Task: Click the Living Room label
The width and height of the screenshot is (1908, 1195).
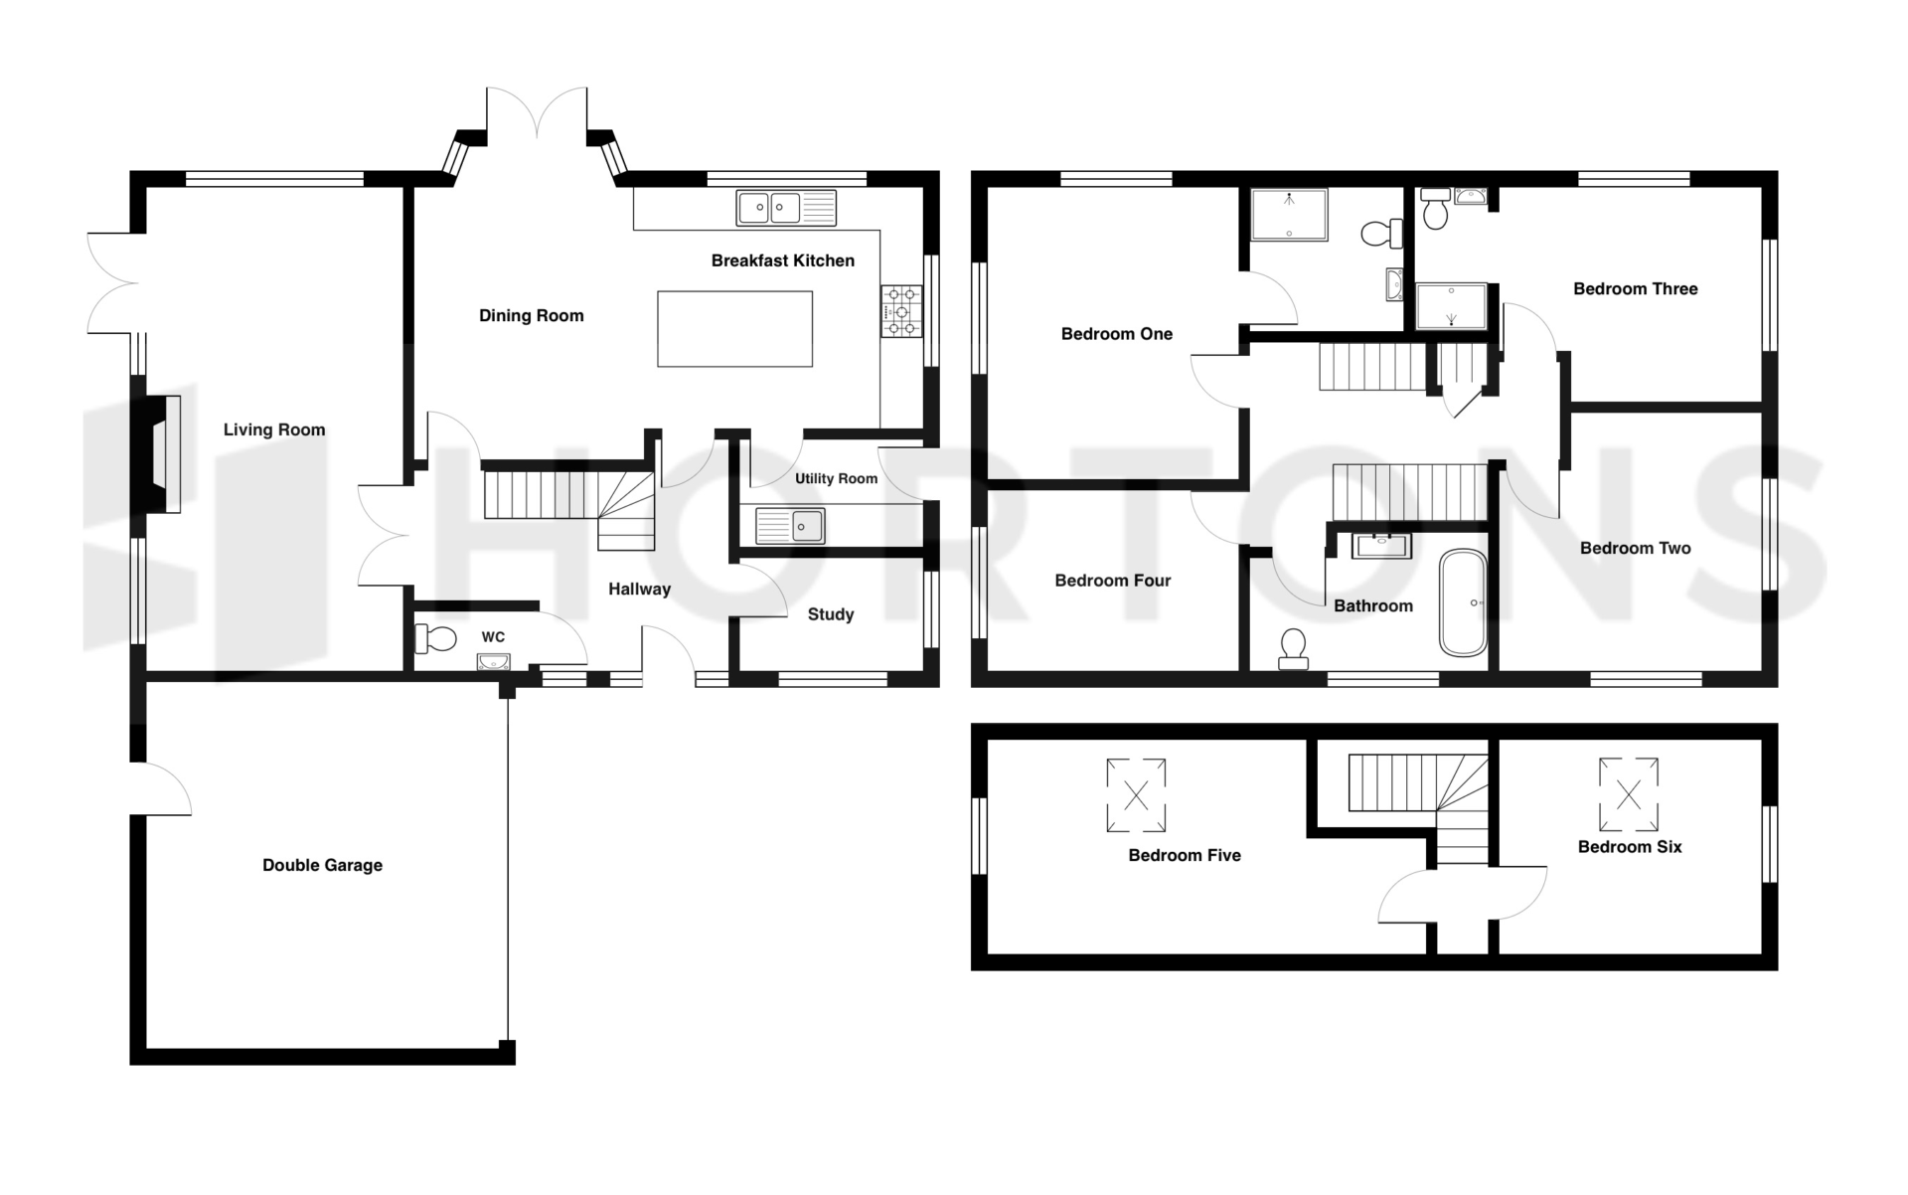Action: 274,429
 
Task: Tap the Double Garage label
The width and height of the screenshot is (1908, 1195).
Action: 322,865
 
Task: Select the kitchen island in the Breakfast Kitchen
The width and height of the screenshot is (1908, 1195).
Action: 734,329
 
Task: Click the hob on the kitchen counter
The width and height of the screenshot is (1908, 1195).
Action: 901,311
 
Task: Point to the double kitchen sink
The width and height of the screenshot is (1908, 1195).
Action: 786,208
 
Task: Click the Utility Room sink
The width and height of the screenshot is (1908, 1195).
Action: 790,526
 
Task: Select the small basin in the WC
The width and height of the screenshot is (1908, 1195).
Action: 494,662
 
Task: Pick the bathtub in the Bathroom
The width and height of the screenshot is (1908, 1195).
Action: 1463,602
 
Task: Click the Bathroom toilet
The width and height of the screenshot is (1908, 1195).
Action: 1293,649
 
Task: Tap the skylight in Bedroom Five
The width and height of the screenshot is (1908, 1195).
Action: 1136,795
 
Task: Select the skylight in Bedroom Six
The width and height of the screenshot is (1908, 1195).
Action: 1628,794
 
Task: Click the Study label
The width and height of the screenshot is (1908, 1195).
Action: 831,614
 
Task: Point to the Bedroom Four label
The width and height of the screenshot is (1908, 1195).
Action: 1113,581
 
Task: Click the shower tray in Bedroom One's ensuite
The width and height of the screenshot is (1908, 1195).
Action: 1289,215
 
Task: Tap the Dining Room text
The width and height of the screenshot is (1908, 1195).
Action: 532,316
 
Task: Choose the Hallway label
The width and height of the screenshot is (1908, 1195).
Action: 640,590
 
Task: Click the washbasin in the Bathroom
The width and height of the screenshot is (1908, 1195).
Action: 1382,545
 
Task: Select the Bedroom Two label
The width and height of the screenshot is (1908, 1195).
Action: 1636,548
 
